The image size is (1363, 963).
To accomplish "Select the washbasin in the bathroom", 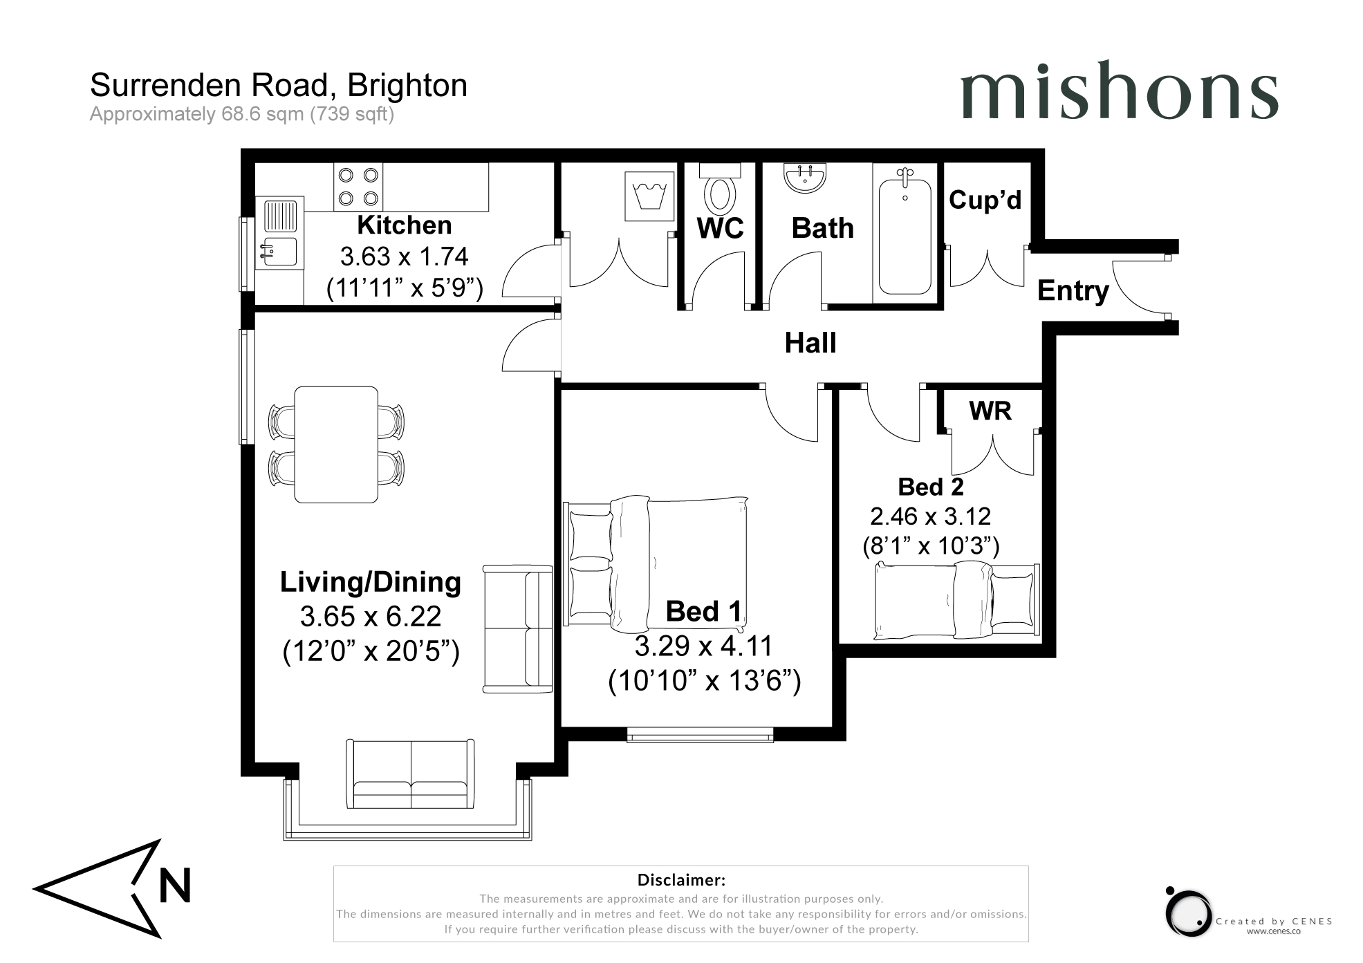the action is pos(804,178).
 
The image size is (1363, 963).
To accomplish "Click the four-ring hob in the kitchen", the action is pos(358,187).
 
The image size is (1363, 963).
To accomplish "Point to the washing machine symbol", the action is pos(649,196).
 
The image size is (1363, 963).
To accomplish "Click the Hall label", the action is pos(810,343).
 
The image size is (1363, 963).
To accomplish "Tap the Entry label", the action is pos(1073,291).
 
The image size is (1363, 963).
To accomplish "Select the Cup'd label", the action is pos(985,200).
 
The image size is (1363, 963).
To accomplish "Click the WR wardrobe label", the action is pos(990,411).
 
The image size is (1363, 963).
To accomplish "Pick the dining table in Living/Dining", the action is pos(336,445).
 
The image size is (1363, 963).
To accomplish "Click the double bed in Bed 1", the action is pos(657,563).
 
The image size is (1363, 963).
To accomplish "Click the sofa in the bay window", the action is pos(411,774).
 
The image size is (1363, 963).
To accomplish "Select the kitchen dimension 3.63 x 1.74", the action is pos(405,256).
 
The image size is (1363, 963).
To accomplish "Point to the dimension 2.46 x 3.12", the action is pos(931,516).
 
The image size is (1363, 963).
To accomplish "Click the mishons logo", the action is pos(1119,91).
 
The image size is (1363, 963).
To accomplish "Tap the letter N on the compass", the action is pos(175,886).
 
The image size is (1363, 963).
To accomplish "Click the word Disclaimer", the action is pos(681,880).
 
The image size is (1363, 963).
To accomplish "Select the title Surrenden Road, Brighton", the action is pos(279,86).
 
